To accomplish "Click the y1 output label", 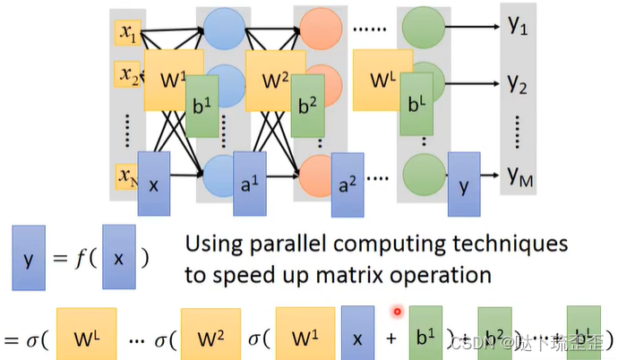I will (x=518, y=30).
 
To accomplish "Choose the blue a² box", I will (x=347, y=185).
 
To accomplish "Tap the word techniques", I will (x=501, y=244).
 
